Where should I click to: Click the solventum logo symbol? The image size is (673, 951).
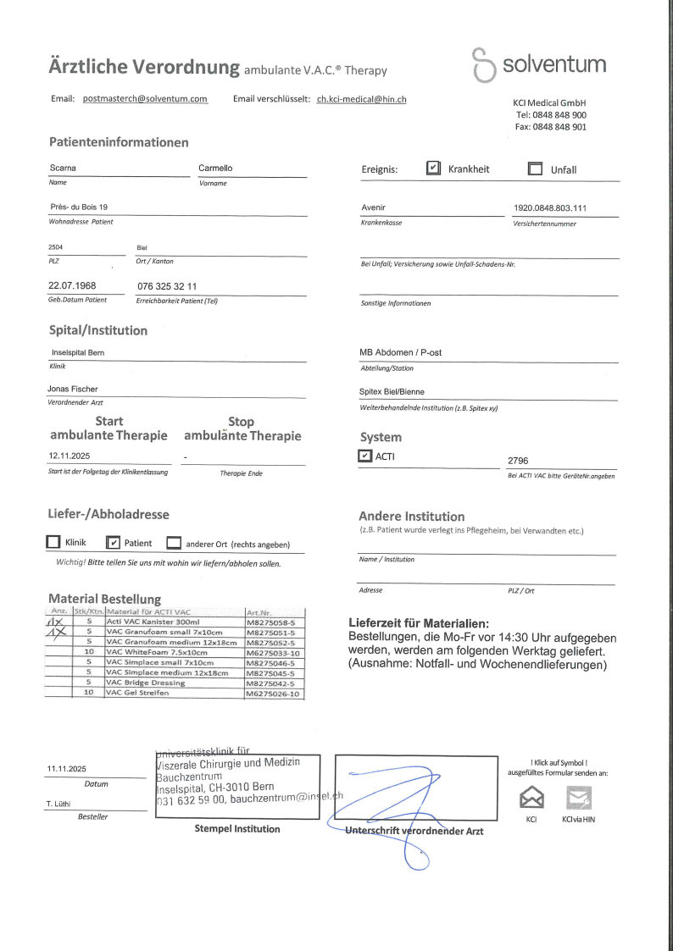[x=483, y=65]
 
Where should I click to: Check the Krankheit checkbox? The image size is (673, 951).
[x=433, y=169]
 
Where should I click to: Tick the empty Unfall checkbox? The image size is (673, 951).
[x=535, y=169]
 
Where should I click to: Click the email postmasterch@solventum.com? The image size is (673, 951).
[x=145, y=99]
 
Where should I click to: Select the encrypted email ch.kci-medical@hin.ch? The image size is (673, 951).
[x=362, y=99]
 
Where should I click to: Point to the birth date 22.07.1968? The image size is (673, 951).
[x=72, y=286]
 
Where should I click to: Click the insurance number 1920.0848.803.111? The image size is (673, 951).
[x=550, y=207]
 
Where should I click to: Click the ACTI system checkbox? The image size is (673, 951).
[x=365, y=456]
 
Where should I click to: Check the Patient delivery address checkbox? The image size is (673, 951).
[x=114, y=543]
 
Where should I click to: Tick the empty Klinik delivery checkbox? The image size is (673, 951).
[x=53, y=543]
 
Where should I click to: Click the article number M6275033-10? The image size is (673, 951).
[x=272, y=653]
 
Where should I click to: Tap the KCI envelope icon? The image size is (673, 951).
[x=531, y=797]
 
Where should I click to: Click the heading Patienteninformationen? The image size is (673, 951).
[x=119, y=142]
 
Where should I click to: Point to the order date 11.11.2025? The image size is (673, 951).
[x=67, y=769]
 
